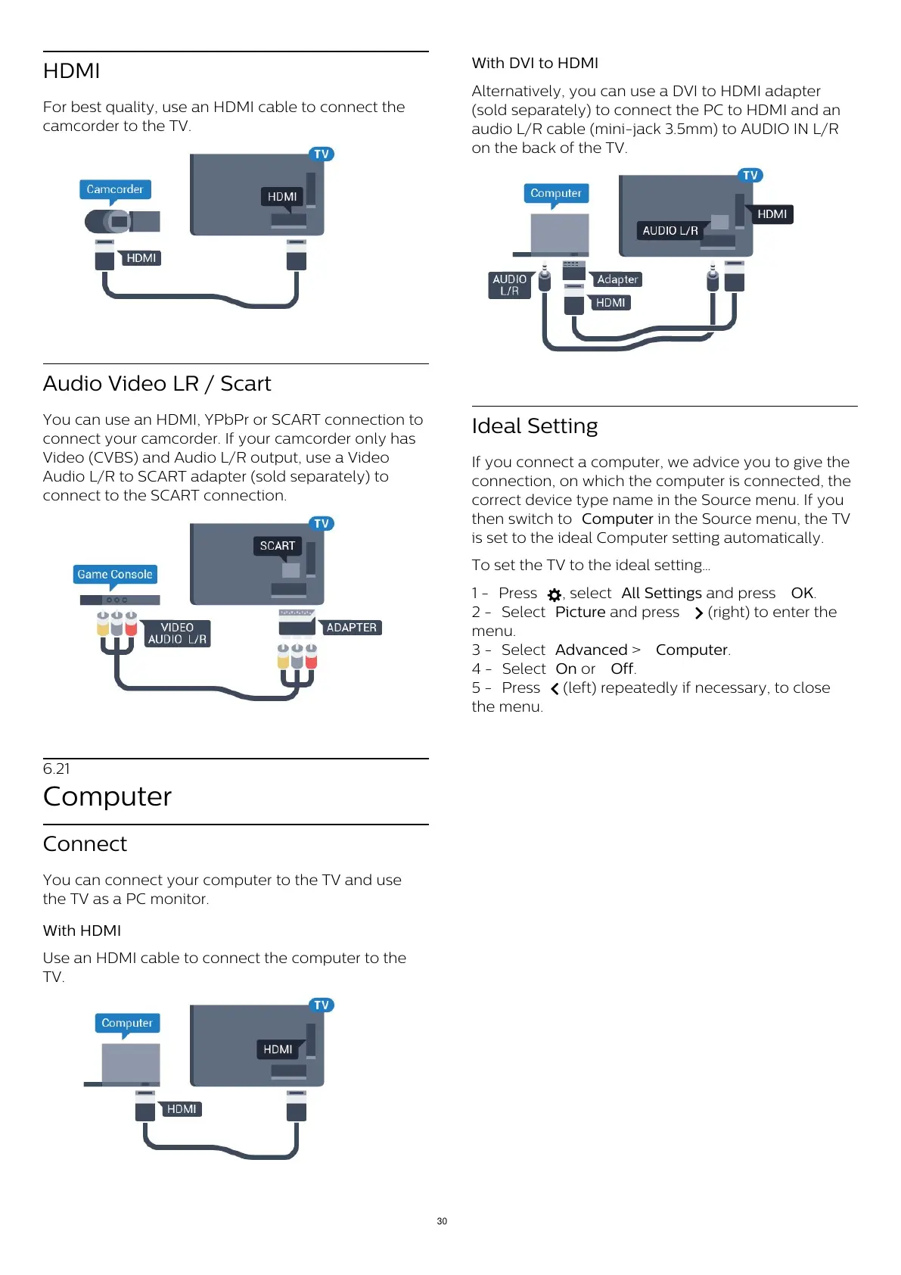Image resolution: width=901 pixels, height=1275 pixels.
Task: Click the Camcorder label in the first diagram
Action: [x=115, y=189]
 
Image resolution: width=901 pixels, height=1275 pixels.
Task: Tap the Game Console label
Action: [x=115, y=575]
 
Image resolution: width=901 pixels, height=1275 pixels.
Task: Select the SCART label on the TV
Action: [x=278, y=546]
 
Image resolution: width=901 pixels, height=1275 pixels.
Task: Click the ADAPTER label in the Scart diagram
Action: [x=351, y=628]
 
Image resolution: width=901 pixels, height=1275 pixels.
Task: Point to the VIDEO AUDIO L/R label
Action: [x=177, y=634]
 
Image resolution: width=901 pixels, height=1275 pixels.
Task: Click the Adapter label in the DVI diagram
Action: [x=617, y=279]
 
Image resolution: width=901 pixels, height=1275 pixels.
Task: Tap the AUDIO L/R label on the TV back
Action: [x=670, y=230]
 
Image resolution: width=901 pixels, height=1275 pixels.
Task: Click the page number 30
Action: [x=442, y=1221]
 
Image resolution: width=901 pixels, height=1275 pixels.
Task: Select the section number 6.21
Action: [x=57, y=769]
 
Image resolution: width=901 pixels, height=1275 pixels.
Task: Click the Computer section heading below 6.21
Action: [x=107, y=796]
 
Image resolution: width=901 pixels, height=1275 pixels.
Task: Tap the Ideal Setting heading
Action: [x=535, y=426]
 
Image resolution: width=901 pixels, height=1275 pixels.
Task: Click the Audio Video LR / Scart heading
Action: [x=157, y=384]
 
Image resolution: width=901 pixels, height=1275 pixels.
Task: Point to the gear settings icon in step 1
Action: [x=555, y=595]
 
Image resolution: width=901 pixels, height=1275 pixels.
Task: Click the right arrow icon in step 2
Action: [x=698, y=613]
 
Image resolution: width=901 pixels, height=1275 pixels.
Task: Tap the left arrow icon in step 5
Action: [x=555, y=689]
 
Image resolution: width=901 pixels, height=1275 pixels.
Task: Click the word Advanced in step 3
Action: [x=592, y=650]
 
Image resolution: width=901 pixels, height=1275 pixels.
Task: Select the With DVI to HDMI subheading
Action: [x=535, y=64]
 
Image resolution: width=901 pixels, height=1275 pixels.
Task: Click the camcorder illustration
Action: [x=121, y=221]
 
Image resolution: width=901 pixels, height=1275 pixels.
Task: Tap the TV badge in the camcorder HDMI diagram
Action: [x=322, y=154]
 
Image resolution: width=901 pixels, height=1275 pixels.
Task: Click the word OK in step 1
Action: [x=802, y=594]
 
